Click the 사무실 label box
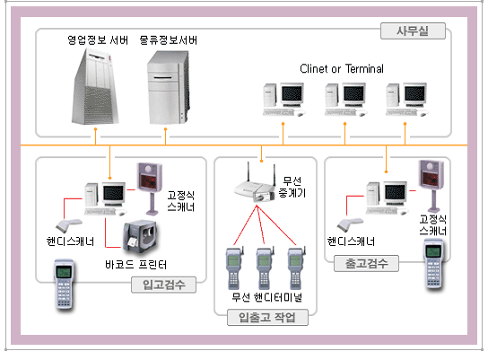pos(413,31)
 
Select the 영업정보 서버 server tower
pos(95,86)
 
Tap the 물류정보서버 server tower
pos(168,87)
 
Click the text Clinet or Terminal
pos(342,69)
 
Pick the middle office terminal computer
pos(345,100)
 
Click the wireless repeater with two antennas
pos(254,183)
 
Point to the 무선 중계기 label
pos(292,187)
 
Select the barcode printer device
pos(139,236)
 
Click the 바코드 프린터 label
pos(136,265)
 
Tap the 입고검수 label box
pos(163,285)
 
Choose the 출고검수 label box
pos(366,263)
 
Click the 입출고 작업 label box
pos(267,317)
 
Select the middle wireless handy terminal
pos(265,268)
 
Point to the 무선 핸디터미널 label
pos(266,297)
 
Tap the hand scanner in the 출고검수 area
pos(350,224)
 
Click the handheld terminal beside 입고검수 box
pos(65,284)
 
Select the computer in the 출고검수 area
pos(388,198)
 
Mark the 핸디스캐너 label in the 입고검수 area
pos(70,241)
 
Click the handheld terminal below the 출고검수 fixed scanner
pos(433,264)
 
